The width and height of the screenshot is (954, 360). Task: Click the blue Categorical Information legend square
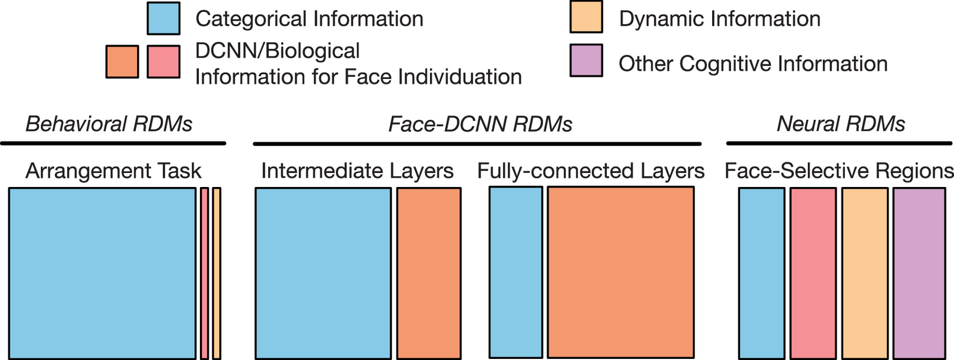click(163, 18)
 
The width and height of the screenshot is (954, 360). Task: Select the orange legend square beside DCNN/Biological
click(122, 62)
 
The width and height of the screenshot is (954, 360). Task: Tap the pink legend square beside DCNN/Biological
click(163, 62)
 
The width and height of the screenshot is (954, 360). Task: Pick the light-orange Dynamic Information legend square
click(586, 17)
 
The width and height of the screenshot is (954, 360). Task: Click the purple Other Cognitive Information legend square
click(586, 60)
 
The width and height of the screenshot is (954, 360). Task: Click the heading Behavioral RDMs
click(109, 124)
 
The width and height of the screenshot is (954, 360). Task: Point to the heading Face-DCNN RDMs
click(480, 124)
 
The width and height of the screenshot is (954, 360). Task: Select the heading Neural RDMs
click(840, 124)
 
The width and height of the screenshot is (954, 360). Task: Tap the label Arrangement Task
click(113, 171)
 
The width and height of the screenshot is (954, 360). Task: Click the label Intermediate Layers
click(357, 171)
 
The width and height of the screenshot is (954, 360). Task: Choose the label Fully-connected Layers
click(591, 171)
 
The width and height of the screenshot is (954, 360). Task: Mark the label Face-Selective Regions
click(839, 171)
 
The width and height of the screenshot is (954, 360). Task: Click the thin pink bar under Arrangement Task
click(204, 273)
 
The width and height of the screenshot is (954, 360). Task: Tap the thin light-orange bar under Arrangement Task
click(217, 273)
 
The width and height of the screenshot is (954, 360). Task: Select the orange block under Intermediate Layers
click(429, 273)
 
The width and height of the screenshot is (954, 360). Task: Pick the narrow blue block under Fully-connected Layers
click(516, 272)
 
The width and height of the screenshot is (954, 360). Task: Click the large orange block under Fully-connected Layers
click(620, 272)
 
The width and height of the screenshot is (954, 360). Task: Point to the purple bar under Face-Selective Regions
click(919, 273)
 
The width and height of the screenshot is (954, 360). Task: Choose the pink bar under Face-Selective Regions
click(813, 273)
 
